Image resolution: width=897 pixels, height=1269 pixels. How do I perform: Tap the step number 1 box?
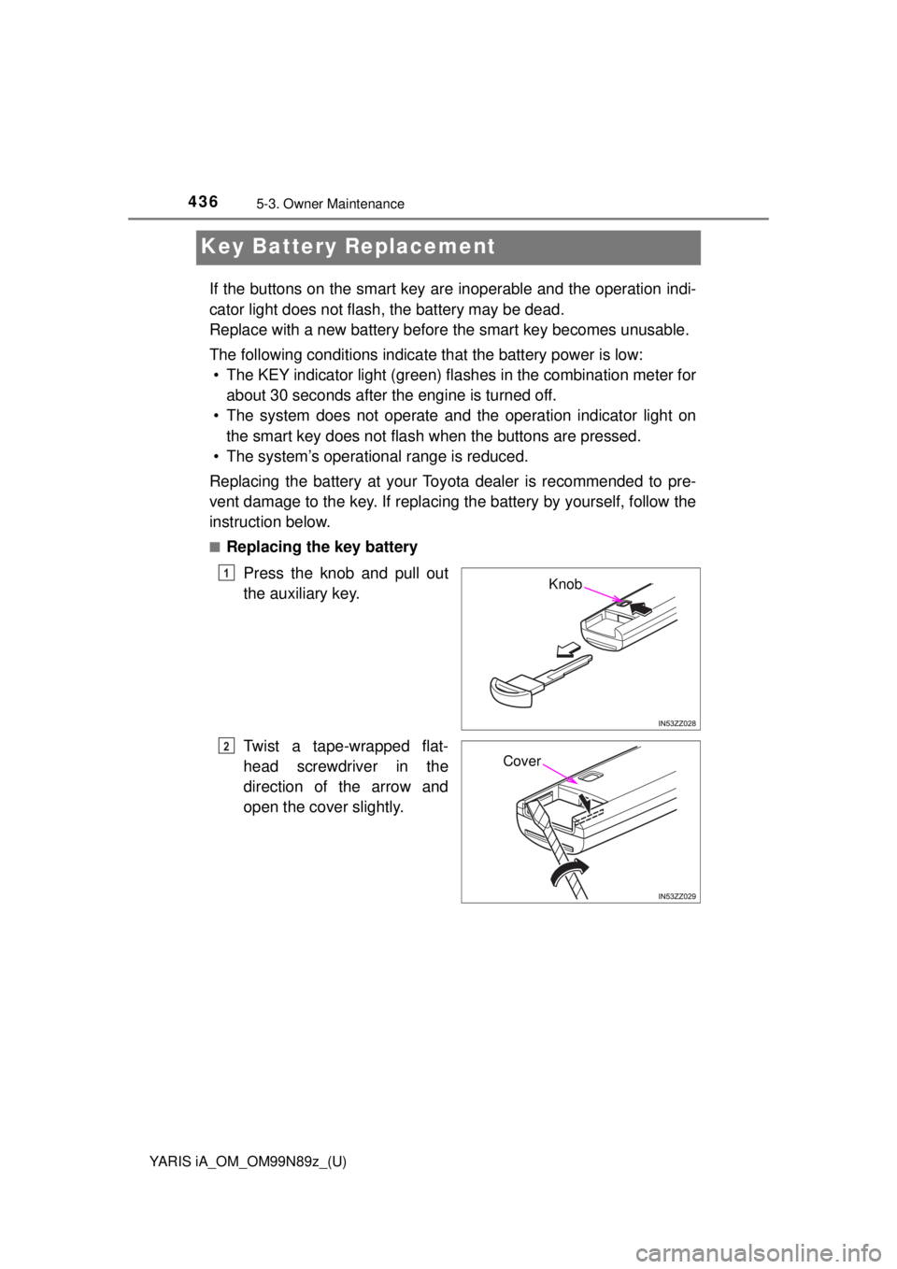coord(227,573)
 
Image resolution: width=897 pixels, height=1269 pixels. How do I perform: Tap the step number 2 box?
coord(227,745)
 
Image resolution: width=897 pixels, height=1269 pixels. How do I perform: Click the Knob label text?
coord(564,584)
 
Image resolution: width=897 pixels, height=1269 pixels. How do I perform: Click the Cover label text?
coord(521,761)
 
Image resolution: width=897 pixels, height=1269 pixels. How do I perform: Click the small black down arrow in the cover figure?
coord(583,802)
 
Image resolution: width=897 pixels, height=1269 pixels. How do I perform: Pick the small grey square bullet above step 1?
coord(214,546)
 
